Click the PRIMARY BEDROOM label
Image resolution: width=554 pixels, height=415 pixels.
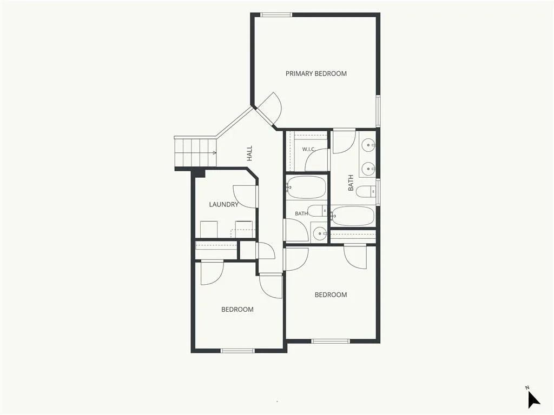[x=316, y=73]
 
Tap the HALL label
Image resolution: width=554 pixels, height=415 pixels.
[x=250, y=153]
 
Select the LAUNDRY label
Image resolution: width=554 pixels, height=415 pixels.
[x=223, y=204]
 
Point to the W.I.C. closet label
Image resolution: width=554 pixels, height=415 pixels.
[x=308, y=149]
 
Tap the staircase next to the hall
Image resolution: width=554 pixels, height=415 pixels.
[x=195, y=152]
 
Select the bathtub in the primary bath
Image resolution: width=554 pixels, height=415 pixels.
[x=352, y=216]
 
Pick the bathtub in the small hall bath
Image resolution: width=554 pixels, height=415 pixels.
[x=306, y=187]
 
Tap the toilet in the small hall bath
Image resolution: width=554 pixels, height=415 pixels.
[x=317, y=210]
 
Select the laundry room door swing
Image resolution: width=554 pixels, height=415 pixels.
[x=245, y=197]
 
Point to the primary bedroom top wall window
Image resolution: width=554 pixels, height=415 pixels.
[x=276, y=15]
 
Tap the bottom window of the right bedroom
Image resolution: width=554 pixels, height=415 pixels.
[x=331, y=341]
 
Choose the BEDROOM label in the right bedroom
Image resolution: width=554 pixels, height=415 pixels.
[x=331, y=294]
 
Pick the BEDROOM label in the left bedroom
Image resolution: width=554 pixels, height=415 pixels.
[x=238, y=310]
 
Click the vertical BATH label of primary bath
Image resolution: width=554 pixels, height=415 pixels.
[x=351, y=183]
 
